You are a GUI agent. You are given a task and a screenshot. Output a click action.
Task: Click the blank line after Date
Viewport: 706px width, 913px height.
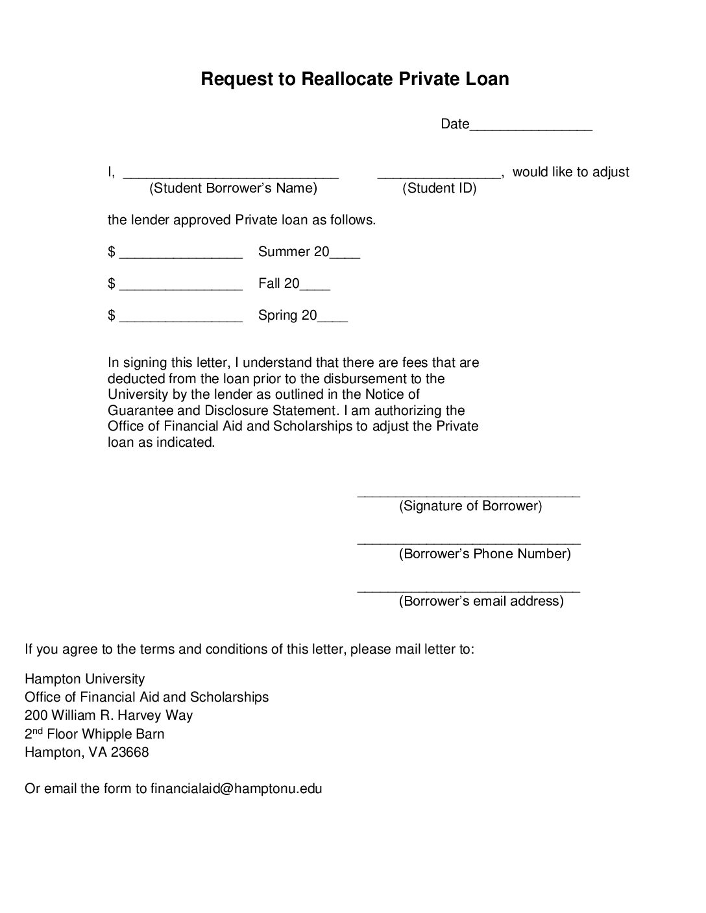pos(531,128)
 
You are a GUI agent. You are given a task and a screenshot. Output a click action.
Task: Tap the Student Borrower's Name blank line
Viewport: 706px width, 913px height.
pos(231,175)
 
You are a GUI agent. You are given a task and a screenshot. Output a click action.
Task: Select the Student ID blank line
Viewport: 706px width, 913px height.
pos(439,175)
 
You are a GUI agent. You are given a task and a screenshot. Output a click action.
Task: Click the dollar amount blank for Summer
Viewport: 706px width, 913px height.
pos(181,256)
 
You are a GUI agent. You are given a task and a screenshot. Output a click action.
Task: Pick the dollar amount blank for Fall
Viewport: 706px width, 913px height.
pos(181,288)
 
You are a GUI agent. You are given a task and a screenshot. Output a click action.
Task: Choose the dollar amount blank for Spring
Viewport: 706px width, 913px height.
pos(181,320)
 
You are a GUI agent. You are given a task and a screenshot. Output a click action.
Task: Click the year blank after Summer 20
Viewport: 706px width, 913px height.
pos(345,256)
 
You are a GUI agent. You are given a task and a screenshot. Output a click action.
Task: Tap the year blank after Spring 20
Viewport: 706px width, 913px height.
pos(333,320)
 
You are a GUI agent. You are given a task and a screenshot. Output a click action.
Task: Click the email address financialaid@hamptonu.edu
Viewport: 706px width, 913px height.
pos(236,788)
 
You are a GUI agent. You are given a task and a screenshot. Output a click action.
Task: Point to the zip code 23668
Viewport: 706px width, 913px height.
pos(130,752)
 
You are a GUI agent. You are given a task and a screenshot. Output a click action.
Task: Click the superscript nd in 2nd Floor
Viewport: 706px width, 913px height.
pos(38,731)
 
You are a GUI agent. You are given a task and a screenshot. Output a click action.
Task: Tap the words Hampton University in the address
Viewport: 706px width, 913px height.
pos(84,679)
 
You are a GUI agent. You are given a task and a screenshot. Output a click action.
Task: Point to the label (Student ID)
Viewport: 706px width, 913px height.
pos(439,188)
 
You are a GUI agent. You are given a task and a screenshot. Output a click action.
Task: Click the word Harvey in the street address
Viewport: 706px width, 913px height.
pos(141,715)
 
